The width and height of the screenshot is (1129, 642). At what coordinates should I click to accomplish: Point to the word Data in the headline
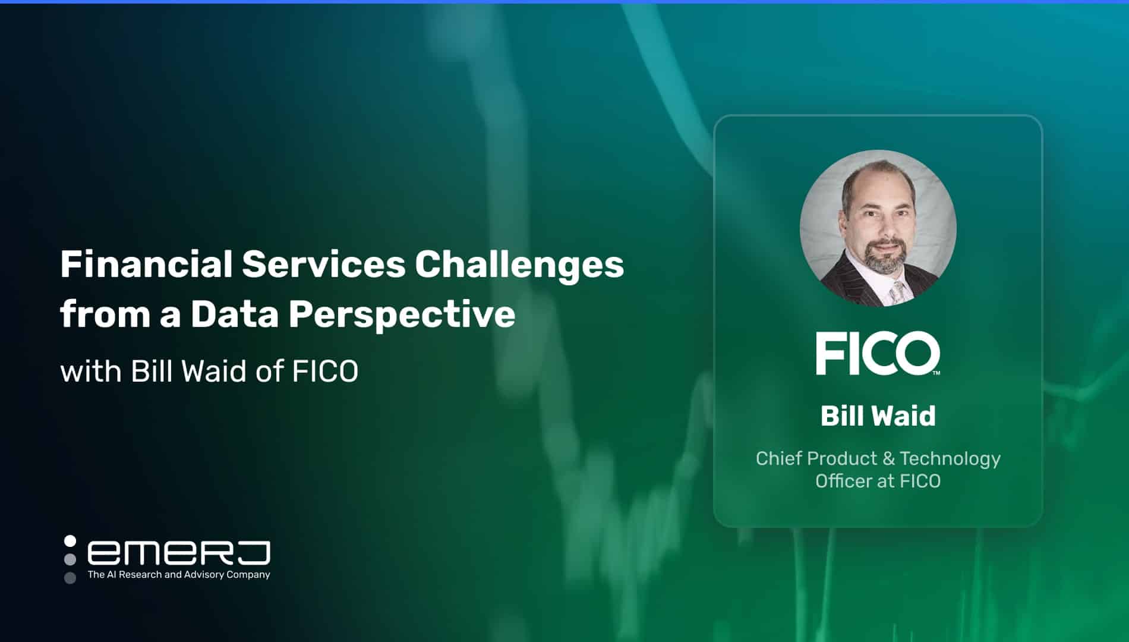click(235, 314)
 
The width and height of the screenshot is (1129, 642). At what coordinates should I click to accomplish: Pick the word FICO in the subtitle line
click(325, 372)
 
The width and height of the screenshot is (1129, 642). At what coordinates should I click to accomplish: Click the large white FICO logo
click(876, 354)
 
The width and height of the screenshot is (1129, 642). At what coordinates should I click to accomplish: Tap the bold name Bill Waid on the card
click(878, 416)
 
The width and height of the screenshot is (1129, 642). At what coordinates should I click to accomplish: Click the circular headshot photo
click(878, 228)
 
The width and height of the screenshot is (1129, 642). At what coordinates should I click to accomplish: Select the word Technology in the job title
click(950, 459)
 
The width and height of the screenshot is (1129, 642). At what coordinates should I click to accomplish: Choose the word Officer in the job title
click(844, 481)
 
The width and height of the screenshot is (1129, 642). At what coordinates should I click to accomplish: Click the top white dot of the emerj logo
click(70, 541)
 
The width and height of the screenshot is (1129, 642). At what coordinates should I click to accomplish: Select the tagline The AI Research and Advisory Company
click(179, 575)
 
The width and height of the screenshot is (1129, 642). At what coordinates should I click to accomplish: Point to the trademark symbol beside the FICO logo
click(936, 373)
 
